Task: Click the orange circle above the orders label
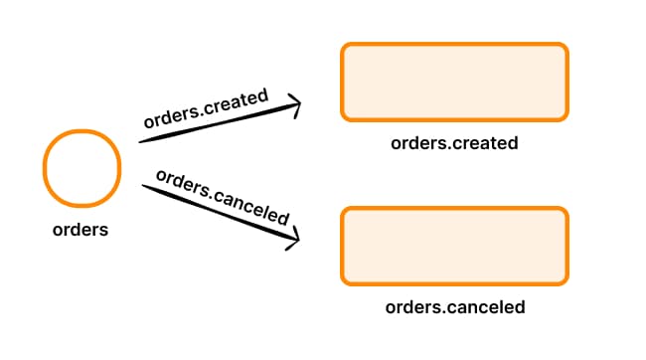[82, 168]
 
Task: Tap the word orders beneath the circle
[81, 230]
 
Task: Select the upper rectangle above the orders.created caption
[454, 81]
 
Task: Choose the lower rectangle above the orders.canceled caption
[454, 245]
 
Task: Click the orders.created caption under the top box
[454, 143]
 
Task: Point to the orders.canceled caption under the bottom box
[454, 307]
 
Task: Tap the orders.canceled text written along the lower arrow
[224, 198]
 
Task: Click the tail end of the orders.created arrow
[141, 140]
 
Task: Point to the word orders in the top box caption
[415, 143]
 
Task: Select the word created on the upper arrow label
[235, 103]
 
